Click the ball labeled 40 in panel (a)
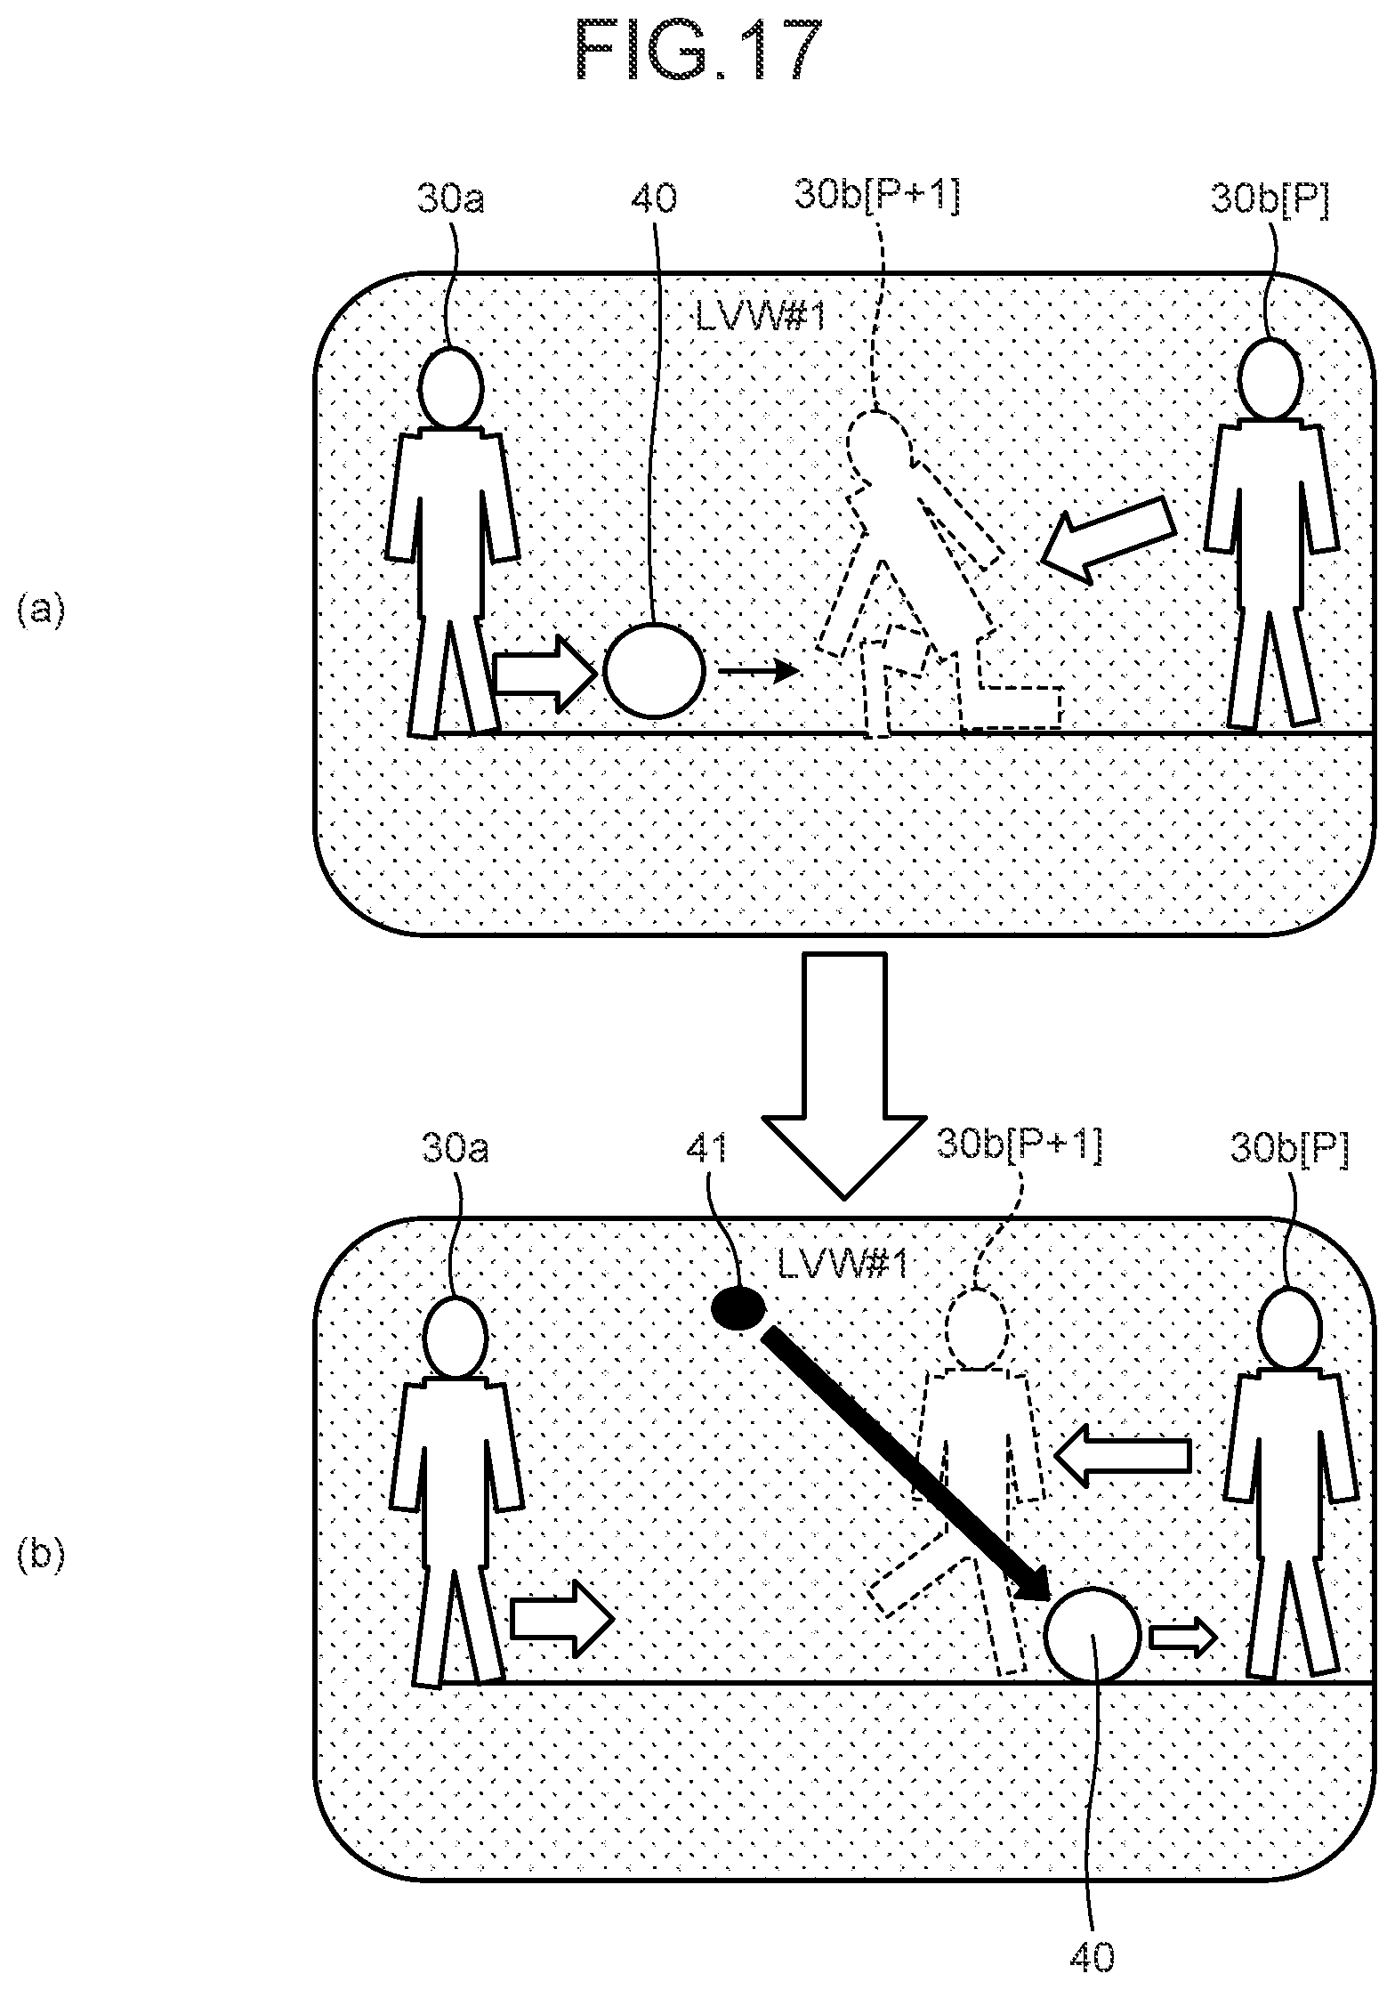[x=655, y=670]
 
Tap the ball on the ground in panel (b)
[x=1092, y=1635]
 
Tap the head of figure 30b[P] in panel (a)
[x=1270, y=379]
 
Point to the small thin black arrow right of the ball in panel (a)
[x=759, y=671]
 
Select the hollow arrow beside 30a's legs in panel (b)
[x=562, y=1619]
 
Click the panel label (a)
[x=40, y=612]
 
